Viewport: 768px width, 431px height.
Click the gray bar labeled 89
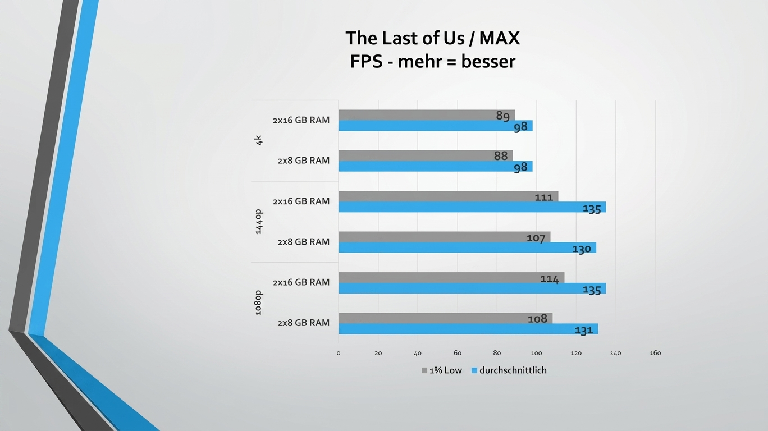(x=427, y=115)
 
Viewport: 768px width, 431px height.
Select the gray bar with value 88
(x=426, y=155)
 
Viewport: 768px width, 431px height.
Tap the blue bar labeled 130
(x=467, y=247)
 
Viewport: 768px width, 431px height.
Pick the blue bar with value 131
(x=468, y=329)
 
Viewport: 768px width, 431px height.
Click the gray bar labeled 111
(x=449, y=196)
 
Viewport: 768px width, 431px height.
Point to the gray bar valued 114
(x=451, y=277)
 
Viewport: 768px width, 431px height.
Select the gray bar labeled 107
(x=445, y=237)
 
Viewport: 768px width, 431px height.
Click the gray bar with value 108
(x=446, y=318)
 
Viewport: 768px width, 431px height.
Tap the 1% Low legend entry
(x=442, y=370)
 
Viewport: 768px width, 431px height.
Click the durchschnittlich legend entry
(x=509, y=370)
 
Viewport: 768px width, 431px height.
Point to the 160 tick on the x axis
(x=655, y=353)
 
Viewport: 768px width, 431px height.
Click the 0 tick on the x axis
(x=339, y=353)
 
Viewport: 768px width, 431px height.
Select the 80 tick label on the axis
(x=497, y=353)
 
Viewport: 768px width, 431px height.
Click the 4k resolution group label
(x=259, y=140)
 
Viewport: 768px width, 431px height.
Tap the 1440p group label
(x=259, y=222)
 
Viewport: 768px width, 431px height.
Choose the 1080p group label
(x=259, y=303)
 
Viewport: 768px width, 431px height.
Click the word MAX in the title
(x=499, y=38)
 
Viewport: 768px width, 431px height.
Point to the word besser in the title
(x=488, y=62)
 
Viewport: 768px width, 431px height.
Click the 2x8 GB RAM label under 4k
(x=303, y=161)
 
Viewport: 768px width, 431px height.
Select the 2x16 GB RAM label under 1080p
(x=301, y=282)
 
